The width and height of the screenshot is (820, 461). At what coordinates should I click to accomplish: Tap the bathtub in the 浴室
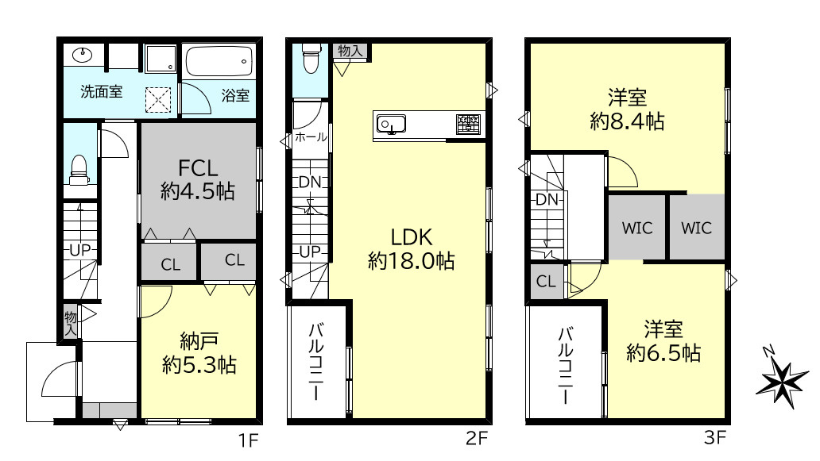coord(219,61)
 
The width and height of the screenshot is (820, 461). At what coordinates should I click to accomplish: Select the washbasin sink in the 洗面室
coord(83,54)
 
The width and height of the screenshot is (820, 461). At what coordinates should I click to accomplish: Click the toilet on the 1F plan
coord(79,170)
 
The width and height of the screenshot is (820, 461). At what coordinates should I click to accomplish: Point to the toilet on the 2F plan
coord(311,58)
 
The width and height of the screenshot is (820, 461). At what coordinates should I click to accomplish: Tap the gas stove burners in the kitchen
coord(468,125)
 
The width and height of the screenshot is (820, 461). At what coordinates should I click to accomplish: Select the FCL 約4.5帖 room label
coord(198,179)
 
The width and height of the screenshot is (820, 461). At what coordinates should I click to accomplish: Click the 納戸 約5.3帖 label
coord(199,353)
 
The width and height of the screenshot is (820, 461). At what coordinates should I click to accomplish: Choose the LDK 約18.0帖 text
coord(412,249)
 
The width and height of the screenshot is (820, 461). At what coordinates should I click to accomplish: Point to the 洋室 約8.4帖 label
coord(627,109)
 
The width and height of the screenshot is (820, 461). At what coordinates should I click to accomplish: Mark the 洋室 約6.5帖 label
coord(663,341)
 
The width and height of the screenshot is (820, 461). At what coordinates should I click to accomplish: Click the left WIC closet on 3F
coord(637,228)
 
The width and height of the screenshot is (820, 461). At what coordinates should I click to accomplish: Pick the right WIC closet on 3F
coord(697,228)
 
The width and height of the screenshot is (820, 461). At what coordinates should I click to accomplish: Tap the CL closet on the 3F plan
coord(546,282)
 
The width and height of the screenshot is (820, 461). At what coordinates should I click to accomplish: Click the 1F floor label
coord(249,440)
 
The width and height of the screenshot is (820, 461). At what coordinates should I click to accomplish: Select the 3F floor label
coord(715,437)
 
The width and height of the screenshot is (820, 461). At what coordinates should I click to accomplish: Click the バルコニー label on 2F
coord(316,361)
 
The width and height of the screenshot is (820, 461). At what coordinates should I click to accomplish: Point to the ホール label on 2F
coord(311,137)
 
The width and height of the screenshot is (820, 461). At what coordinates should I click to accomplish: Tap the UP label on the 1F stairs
coord(80,251)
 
